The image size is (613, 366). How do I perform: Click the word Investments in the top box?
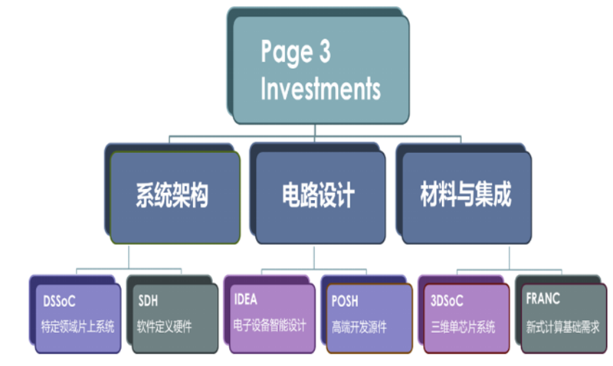pyautogui.click(x=320, y=89)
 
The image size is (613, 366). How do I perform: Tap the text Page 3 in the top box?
pyautogui.click(x=296, y=52)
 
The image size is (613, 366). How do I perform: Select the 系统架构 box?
pyautogui.click(x=175, y=198)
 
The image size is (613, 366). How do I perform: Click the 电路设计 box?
pyautogui.click(x=320, y=198)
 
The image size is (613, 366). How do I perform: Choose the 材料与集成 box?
pyautogui.click(x=467, y=198)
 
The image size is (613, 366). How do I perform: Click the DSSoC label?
pyautogui.click(x=59, y=301)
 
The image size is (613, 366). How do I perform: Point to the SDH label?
pyautogui.click(x=148, y=301)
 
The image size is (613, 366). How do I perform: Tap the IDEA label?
pyautogui.click(x=245, y=299)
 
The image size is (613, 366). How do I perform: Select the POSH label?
pyautogui.click(x=344, y=301)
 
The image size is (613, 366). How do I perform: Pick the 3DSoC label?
pyautogui.click(x=447, y=301)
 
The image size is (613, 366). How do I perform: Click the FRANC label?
pyautogui.click(x=543, y=299)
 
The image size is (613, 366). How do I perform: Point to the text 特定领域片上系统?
pyautogui.click(x=78, y=326)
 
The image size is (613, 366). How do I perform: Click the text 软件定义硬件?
pyautogui.click(x=164, y=326)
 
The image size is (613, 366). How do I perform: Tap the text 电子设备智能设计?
pyautogui.click(x=270, y=325)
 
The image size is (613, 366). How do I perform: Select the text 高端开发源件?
pyautogui.click(x=359, y=327)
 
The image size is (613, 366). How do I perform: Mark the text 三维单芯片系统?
pyautogui.click(x=463, y=327)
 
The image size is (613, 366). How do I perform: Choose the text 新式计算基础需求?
pyautogui.click(x=562, y=326)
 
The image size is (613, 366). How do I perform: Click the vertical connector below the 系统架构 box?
pyautogui.click(x=129, y=257)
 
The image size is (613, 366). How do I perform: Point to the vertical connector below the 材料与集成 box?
pyautogui.click(x=509, y=257)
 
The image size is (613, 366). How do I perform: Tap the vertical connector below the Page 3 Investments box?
pyautogui.click(x=315, y=130)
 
